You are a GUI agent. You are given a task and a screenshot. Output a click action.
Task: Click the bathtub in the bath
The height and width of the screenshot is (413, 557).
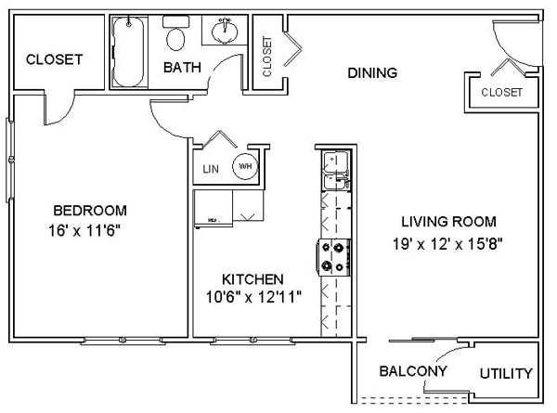point(129,52)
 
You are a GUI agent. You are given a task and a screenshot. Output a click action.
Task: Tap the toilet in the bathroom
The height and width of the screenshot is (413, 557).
point(175,33)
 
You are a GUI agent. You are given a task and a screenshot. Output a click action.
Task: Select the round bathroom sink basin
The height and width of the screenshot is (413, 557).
point(225,32)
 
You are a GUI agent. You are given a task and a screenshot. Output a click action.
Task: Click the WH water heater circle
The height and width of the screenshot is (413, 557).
point(245,166)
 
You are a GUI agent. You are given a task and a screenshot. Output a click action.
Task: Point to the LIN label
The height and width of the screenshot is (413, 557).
point(211,169)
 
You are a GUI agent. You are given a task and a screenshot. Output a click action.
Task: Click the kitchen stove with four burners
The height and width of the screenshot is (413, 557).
point(334,257)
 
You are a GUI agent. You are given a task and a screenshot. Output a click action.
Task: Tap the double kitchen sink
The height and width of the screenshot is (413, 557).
point(336,171)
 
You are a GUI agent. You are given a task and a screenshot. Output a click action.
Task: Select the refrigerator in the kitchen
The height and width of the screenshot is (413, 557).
point(214,209)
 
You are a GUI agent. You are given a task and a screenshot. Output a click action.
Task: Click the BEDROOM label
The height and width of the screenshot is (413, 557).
point(90,211)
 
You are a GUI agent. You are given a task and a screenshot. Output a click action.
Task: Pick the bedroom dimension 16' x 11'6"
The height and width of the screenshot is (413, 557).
point(84,231)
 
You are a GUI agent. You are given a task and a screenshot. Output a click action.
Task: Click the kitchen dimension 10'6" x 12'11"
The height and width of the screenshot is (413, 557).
point(253,297)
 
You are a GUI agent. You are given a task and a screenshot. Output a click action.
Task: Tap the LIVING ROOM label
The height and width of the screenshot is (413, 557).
point(448,222)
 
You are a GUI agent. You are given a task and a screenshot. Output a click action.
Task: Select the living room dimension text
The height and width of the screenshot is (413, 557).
point(447,244)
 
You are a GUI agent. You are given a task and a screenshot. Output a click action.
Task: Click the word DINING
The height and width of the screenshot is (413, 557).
point(372,72)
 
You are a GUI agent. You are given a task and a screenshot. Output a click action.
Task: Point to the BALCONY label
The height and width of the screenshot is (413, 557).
point(413,371)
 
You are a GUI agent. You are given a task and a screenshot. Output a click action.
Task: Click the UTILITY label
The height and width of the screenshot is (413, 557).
point(506,374)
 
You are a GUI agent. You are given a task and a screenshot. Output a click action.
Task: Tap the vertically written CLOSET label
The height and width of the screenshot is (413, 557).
point(266,57)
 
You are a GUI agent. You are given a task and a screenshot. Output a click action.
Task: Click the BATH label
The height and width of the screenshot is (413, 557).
point(182,68)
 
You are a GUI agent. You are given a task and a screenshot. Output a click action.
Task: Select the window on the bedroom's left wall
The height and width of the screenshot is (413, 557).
point(10,161)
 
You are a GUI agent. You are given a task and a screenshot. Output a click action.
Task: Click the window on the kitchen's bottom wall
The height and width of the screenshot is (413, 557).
point(253,341)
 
